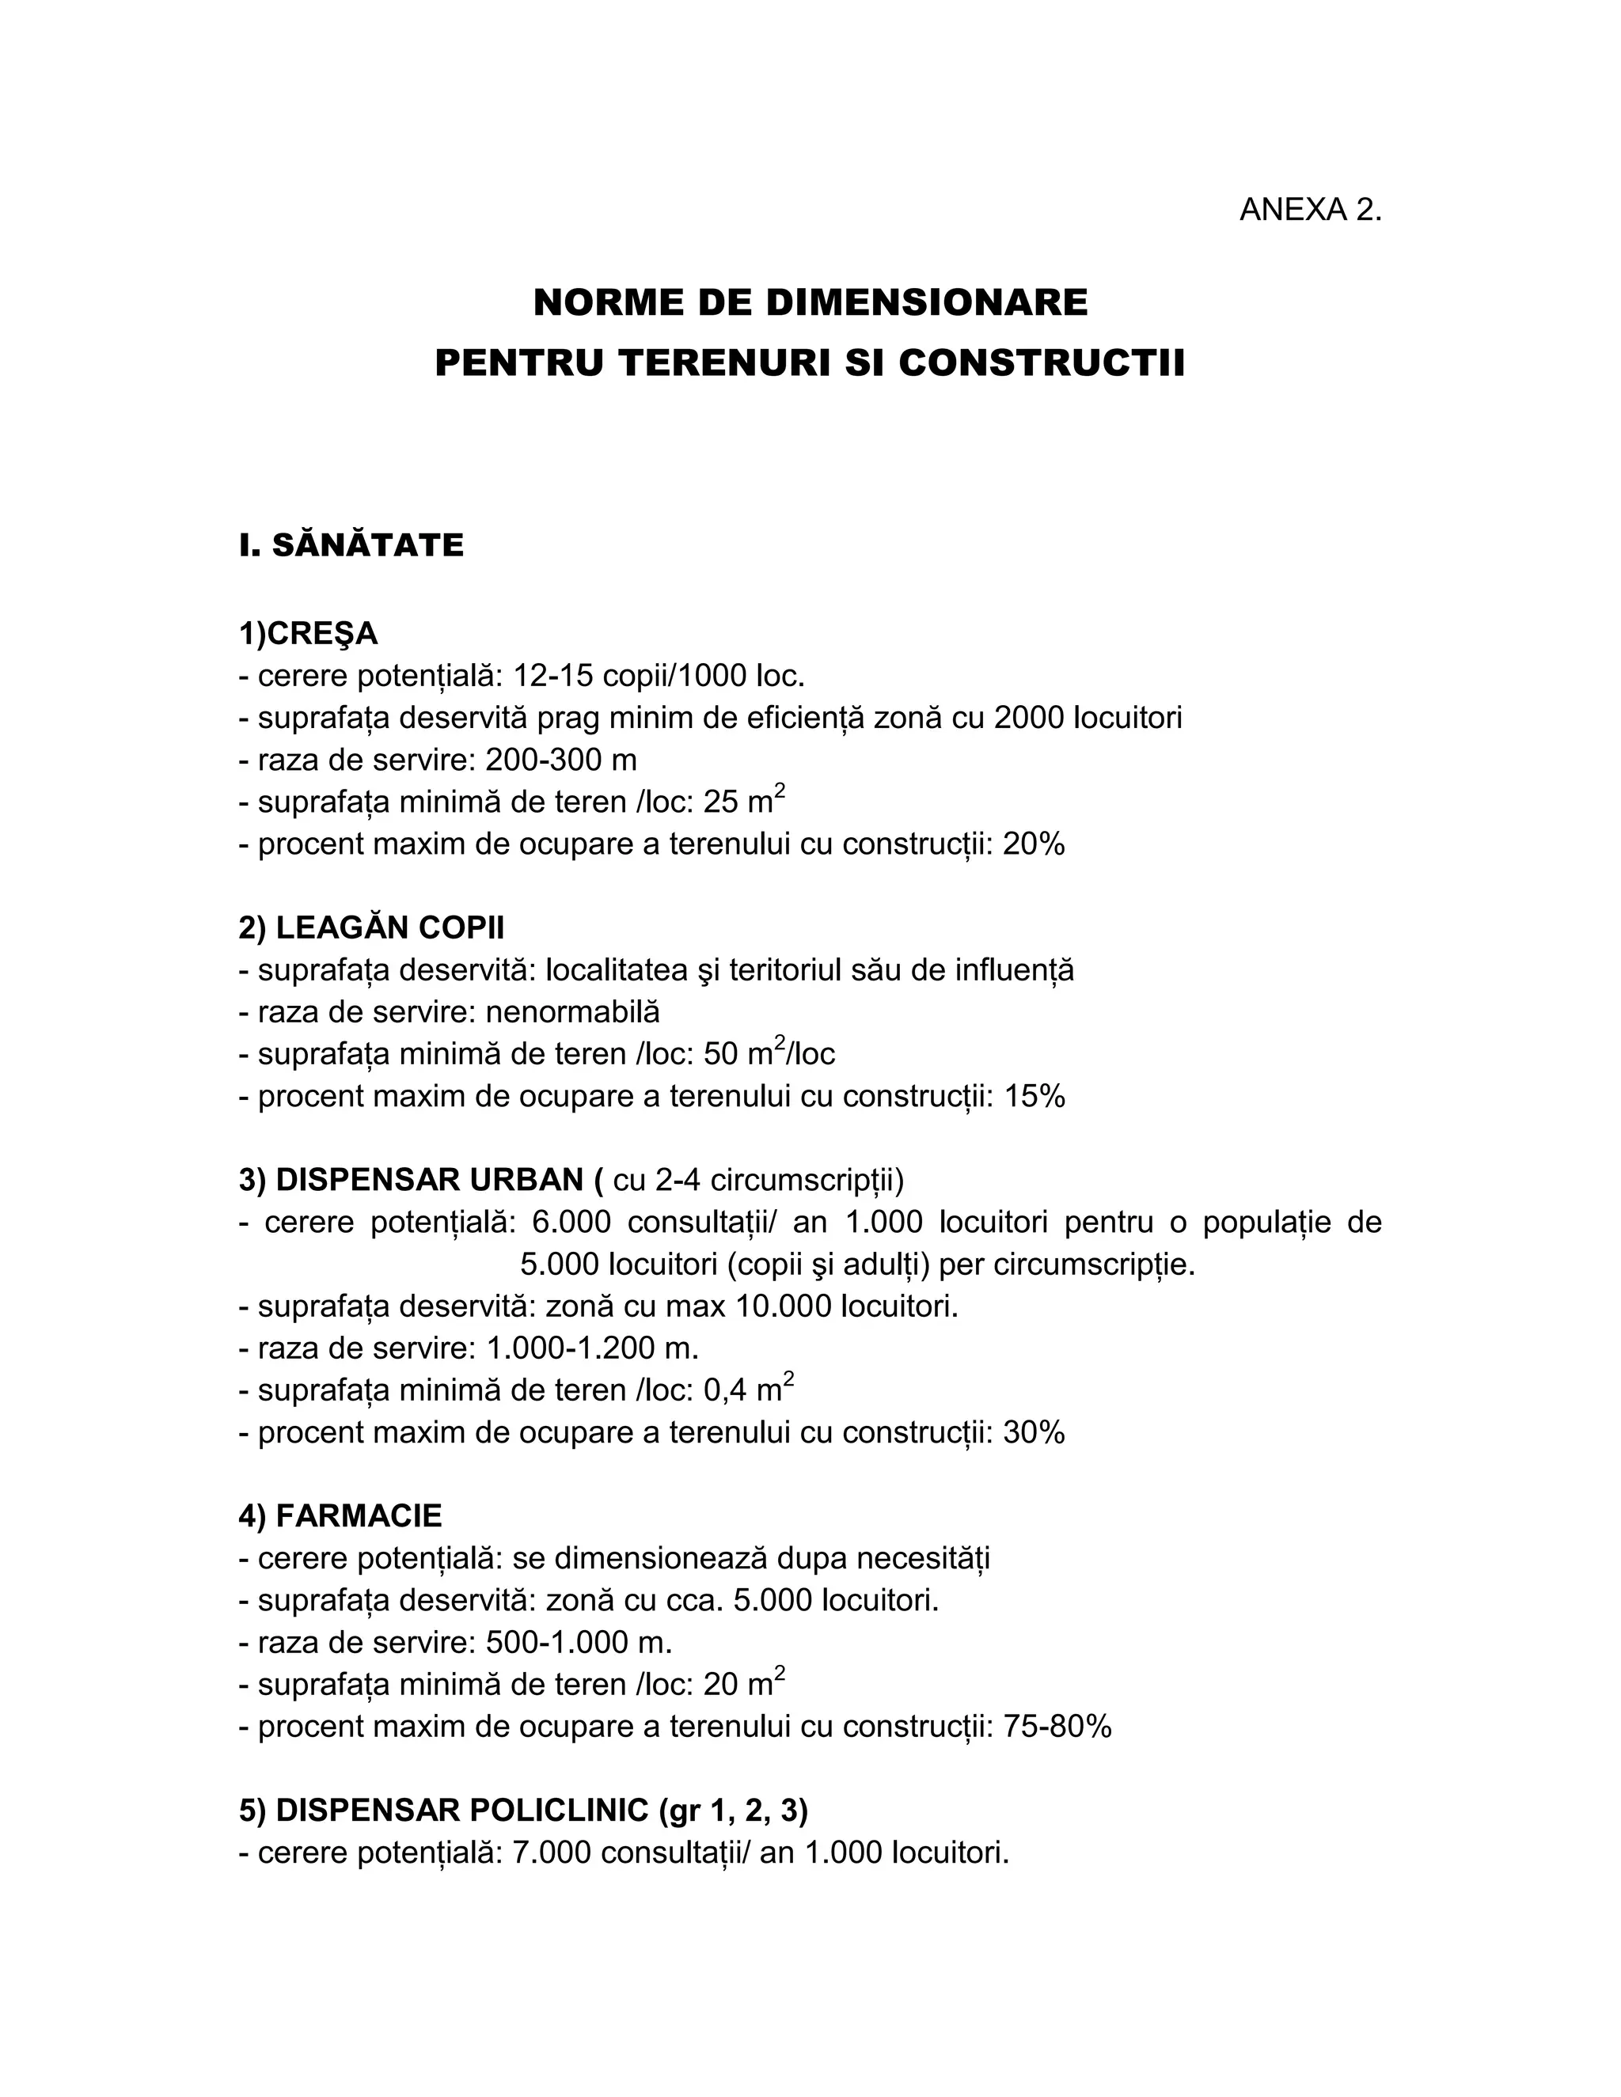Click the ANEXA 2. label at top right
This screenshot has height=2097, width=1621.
[x=1310, y=210]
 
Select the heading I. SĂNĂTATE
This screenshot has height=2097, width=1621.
[x=351, y=545]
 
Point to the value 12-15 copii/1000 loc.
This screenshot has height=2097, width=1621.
[x=659, y=676]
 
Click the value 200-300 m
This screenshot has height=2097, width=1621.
[x=561, y=760]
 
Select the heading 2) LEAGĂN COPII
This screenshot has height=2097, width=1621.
[x=372, y=928]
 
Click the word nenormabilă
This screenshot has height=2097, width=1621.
[x=572, y=1012]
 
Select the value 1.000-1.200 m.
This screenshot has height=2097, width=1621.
[x=593, y=1348]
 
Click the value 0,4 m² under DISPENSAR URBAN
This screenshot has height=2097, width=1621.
[x=747, y=1389]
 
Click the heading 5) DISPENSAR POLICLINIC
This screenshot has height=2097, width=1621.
[x=523, y=1811]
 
